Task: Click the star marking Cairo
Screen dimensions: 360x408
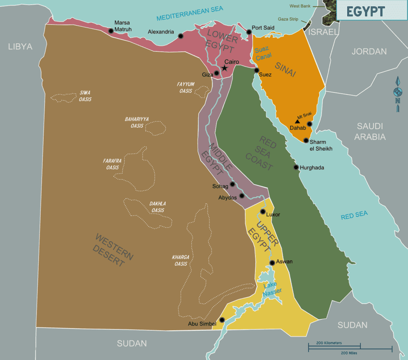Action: (224, 68)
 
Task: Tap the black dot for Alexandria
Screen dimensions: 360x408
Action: (181, 36)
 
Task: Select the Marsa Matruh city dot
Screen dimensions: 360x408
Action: (111, 31)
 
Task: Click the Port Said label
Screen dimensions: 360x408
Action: (263, 28)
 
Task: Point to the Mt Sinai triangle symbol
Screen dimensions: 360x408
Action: (297, 121)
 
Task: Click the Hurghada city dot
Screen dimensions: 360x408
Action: (296, 167)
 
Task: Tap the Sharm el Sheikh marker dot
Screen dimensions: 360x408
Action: (306, 140)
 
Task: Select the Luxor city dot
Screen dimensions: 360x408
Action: (263, 211)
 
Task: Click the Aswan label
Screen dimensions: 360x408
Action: (284, 262)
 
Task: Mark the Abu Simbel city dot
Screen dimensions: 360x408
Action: (221, 320)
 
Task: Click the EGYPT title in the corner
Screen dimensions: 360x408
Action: (365, 11)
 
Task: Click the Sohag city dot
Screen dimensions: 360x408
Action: (232, 184)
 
